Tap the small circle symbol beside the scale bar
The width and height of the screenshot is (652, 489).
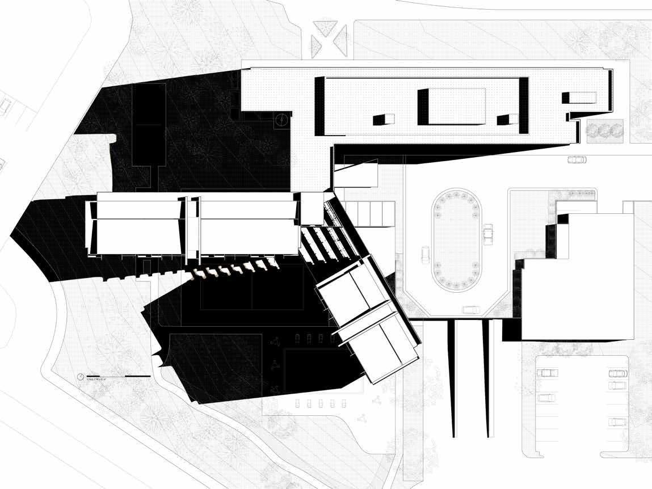(81, 377)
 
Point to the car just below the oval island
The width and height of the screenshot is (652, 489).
(470, 310)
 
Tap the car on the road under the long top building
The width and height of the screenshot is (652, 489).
(577, 160)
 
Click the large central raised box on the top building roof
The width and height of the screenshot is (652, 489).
(452, 106)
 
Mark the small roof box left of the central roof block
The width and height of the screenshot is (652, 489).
(383, 119)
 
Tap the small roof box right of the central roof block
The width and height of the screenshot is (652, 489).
(507, 119)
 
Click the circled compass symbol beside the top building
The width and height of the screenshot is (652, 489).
(280, 120)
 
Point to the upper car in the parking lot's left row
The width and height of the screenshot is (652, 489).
(546, 373)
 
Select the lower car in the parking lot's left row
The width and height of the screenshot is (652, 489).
(546, 397)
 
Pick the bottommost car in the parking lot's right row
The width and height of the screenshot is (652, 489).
(617, 421)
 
